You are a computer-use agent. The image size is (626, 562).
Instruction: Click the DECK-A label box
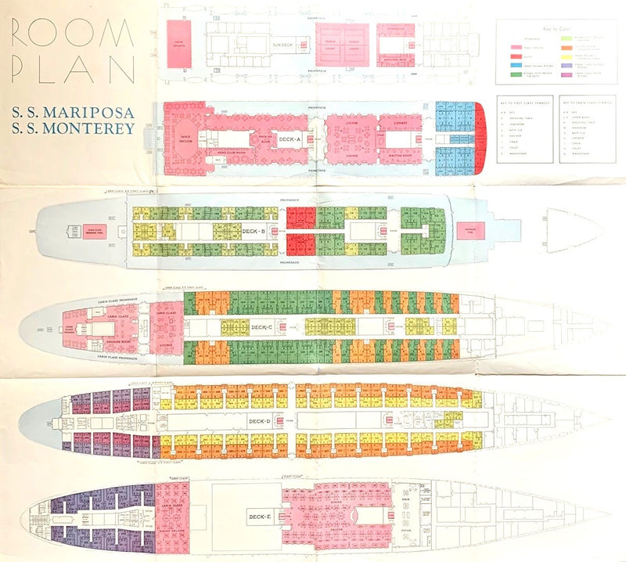pos(290,139)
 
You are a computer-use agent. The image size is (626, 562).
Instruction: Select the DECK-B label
pos(255,231)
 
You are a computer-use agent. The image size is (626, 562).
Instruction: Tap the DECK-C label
pos(263,326)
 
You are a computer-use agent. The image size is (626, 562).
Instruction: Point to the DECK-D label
pos(259,422)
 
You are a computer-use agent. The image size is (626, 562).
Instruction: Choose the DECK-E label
pos(259,517)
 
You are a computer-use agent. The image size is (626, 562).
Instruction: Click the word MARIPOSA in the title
pos(85,111)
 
